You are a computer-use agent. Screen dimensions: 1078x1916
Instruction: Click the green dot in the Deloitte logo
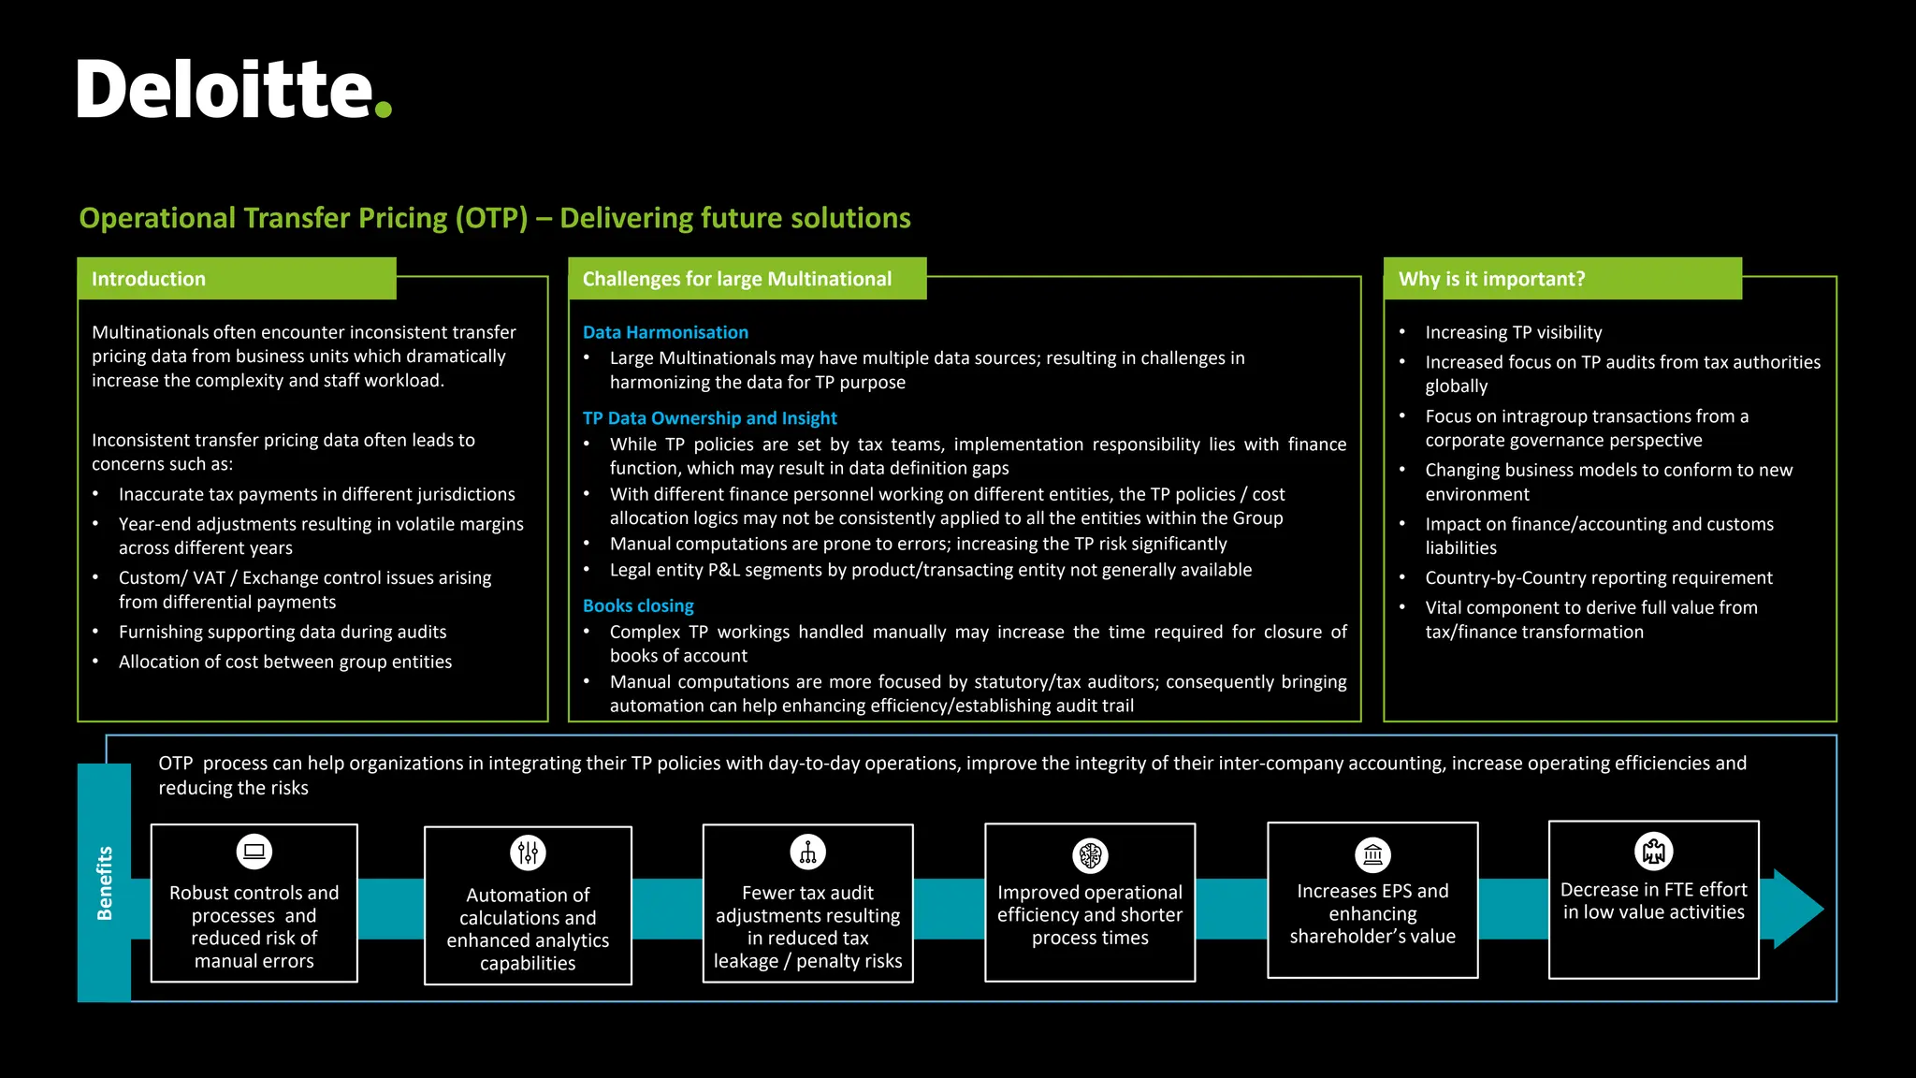[x=383, y=109]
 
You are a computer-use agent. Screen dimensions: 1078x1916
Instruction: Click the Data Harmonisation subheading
[x=665, y=332]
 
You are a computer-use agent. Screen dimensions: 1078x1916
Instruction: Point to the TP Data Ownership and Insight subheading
[x=709, y=418]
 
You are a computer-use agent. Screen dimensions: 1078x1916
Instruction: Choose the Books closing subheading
[x=638, y=605]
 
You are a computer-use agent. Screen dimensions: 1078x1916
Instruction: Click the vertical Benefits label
[x=104, y=882]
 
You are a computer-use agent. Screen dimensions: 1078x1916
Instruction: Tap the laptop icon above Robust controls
[x=254, y=852]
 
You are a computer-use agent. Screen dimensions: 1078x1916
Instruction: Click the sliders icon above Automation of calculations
[x=528, y=852]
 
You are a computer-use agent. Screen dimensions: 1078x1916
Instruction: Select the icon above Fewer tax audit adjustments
[x=807, y=852]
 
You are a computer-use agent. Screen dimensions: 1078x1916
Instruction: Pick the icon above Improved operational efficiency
[x=1090, y=854]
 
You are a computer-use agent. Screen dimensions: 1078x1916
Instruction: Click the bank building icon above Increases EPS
[x=1372, y=854]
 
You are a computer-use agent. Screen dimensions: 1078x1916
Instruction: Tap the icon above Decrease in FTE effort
[x=1653, y=852]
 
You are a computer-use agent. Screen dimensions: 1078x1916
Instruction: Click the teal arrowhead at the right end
[x=1796, y=909]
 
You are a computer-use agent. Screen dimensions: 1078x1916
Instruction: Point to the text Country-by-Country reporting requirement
[x=1598, y=578]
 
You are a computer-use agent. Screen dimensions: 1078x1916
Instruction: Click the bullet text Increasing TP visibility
[x=1513, y=332]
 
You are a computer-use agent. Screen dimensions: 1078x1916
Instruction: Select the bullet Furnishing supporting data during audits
[x=283, y=633]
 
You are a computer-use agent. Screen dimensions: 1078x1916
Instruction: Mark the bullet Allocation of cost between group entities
[x=284, y=663]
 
